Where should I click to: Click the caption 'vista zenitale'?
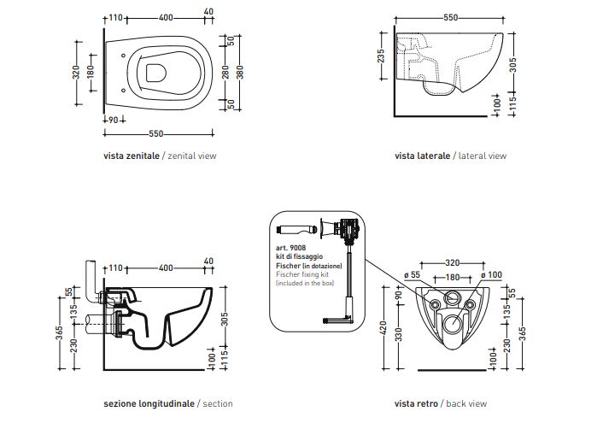coord(131,156)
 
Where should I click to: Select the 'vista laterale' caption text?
coord(422,156)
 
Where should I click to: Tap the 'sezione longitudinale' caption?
coord(149,403)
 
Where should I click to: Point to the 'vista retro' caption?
coord(417,403)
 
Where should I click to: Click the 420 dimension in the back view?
coord(384,329)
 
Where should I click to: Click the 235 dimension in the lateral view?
coord(381,56)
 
